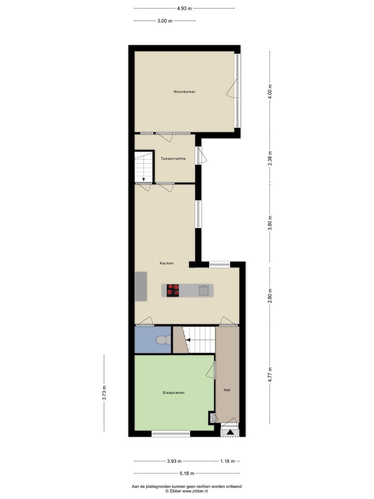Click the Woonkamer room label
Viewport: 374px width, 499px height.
point(184,91)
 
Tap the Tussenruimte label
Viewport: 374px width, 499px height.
point(173,158)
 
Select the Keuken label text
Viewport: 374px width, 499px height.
point(167,263)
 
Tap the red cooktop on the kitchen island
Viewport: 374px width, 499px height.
point(173,290)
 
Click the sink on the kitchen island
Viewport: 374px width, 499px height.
point(204,290)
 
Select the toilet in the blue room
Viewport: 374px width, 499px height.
point(163,340)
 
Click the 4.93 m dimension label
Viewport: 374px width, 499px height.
point(184,8)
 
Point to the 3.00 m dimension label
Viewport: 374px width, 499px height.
point(165,21)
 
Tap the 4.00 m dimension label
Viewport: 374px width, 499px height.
point(270,91)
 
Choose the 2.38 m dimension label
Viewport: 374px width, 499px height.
point(270,158)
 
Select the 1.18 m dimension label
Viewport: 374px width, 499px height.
point(228,461)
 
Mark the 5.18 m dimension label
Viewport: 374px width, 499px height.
point(187,473)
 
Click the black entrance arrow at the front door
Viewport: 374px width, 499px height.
point(230,432)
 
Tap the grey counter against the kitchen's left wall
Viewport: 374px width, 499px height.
point(141,286)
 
